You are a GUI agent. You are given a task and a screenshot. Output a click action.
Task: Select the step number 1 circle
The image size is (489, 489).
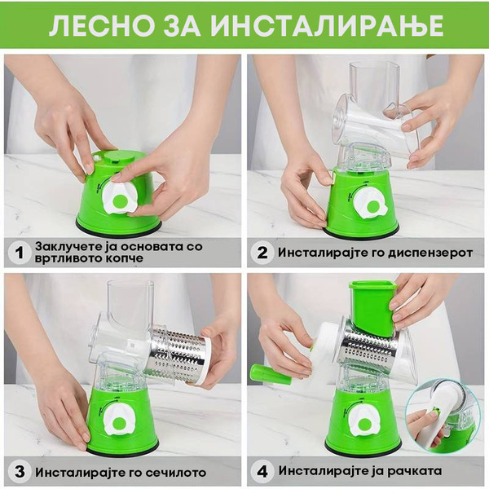[x=20, y=253]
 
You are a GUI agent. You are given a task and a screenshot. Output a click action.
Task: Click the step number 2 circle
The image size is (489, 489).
[x=262, y=253]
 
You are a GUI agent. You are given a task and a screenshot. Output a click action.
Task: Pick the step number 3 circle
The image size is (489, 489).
[x=20, y=471]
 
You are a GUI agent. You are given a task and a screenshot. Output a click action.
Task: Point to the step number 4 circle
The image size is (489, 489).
[x=262, y=471]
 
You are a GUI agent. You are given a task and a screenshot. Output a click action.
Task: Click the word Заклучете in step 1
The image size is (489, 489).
[x=75, y=246]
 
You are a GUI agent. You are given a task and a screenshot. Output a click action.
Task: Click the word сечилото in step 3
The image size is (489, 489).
[x=176, y=472]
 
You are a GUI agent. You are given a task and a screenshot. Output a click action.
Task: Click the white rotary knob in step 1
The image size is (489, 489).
[x=119, y=198]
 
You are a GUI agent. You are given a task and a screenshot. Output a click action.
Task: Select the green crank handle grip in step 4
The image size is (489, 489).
[x=270, y=374]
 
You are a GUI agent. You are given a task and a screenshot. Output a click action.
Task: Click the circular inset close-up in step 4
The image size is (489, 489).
[x=440, y=416]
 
